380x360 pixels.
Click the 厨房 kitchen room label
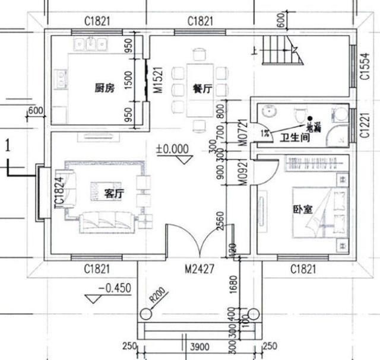(x=104, y=89)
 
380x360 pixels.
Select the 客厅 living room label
(x=113, y=193)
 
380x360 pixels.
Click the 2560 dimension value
(x=220, y=220)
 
